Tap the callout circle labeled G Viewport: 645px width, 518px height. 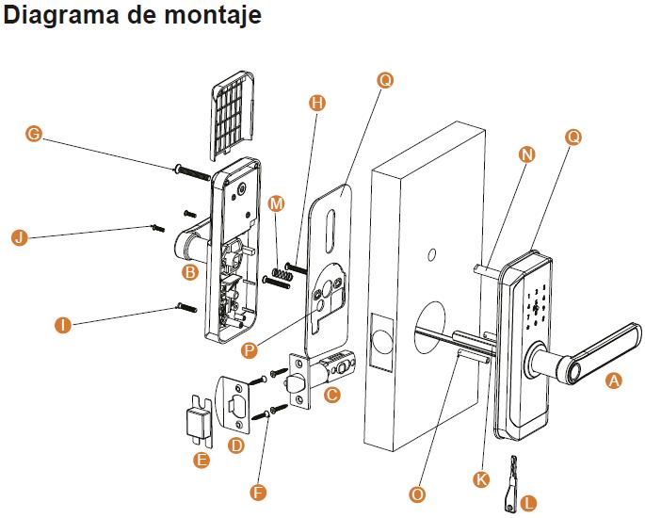[33, 135]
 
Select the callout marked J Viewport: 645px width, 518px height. [17, 237]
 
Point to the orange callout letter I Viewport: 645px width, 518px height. [63, 326]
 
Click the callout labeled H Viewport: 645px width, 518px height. [316, 103]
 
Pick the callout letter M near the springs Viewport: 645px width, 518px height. [276, 203]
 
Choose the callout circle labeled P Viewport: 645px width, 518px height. [250, 349]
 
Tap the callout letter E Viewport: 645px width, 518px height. [200, 460]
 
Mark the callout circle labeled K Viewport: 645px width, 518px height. [481, 479]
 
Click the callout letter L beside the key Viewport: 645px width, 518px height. [529, 504]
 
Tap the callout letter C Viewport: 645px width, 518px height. [331, 396]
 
